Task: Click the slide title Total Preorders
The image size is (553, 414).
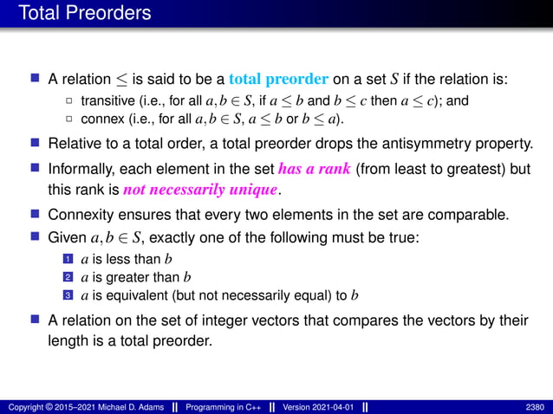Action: tap(84, 14)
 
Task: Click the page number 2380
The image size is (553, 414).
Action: tap(535, 406)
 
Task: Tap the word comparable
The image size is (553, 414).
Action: tap(461, 214)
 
